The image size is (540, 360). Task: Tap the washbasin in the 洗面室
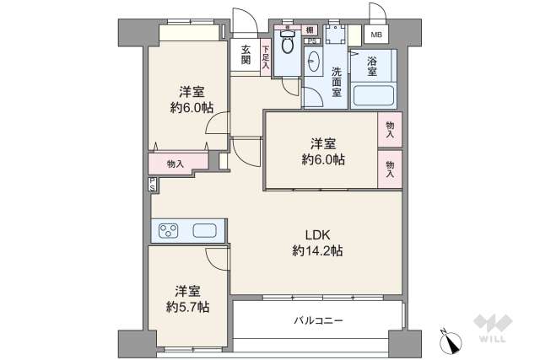[x=313, y=64]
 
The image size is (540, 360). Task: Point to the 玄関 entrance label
[x=246, y=54]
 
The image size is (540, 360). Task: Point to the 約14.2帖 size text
[x=317, y=250]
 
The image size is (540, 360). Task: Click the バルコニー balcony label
[x=318, y=321]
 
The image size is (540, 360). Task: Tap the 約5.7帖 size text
[x=188, y=306]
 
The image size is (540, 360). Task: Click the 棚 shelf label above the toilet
[x=310, y=30]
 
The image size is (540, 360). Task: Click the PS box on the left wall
[x=152, y=184]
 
